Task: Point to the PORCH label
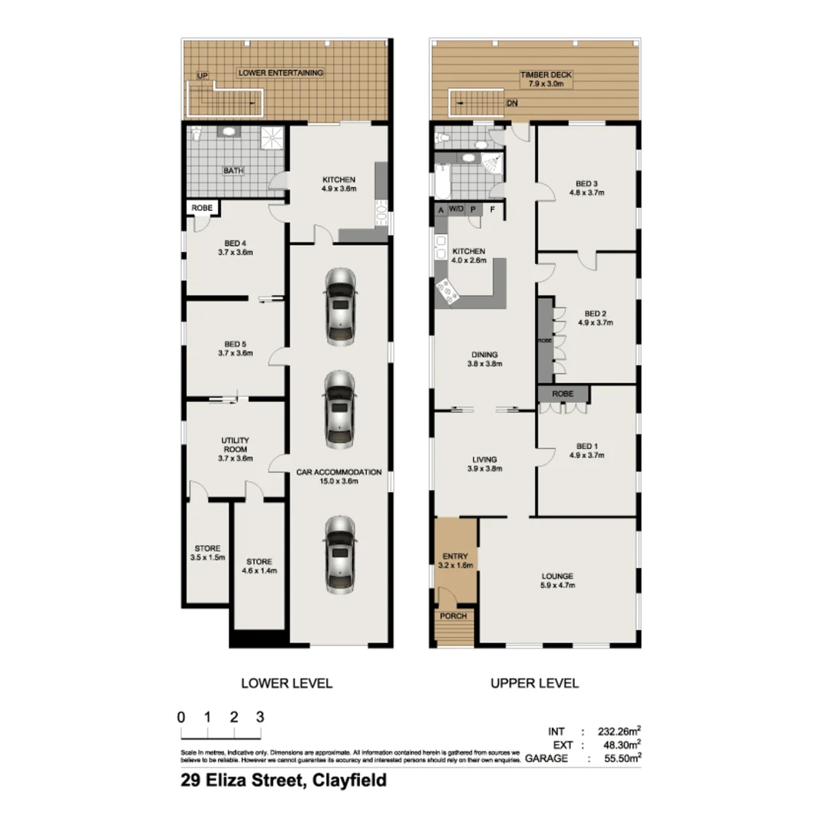pyautogui.click(x=453, y=616)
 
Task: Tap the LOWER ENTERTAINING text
pyautogui.click(x=280, y=73)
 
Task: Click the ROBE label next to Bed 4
pyautogui.click(x=202, y=207)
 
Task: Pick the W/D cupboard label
pyautogui.click(x=456, y=209)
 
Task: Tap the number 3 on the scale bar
pyautogui.click(x=260, y=717)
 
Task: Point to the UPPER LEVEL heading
pyautogui.click(x=534, y=682)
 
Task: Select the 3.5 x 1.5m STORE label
pyautogui.click(x=207, y=553)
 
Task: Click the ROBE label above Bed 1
pyautogui.click(x=563, y=395)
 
